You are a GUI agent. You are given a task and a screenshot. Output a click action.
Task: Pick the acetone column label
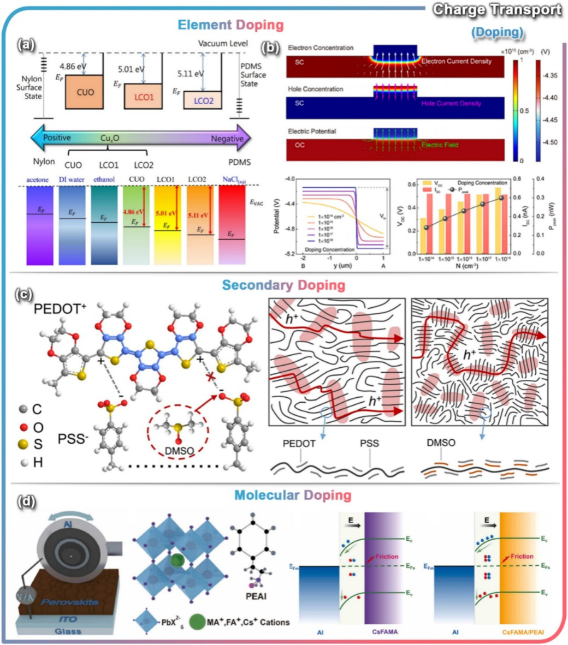click(39, 180)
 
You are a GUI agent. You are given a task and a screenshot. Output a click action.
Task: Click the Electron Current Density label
click(456, 61)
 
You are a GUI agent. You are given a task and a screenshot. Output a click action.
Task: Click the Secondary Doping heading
click(283, 285)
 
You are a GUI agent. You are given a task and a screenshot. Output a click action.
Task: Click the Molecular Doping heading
click(284, 495)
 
